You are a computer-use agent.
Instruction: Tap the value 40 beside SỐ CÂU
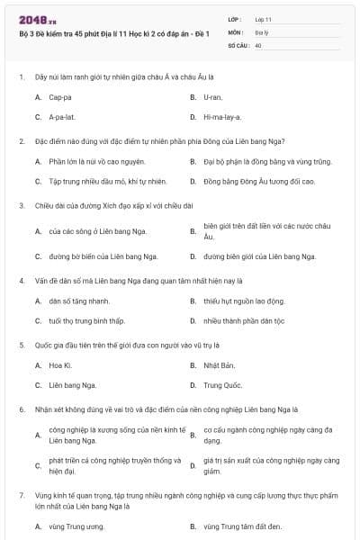(258, 44)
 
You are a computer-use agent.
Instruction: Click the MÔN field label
(236, 31)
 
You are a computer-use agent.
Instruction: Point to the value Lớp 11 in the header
(263, 19)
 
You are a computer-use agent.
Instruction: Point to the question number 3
(21, 205)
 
